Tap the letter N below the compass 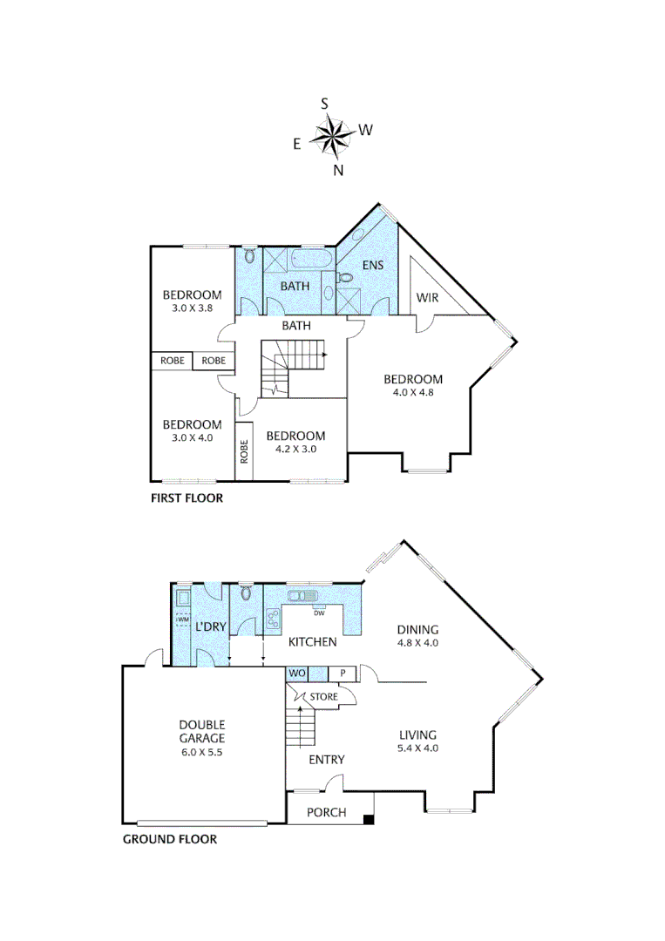click(338, 171)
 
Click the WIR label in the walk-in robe click(427, 298)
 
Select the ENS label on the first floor click(374, 263)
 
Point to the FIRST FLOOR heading click(187, 499)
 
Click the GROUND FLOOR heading click(169, 840)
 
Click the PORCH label click(327, 813)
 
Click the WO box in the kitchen click(295, 674)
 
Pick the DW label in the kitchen click(320, 613)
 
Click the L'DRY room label click(210, 627)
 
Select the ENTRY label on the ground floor click(327, 760)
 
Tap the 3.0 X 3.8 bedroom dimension click(193, 308)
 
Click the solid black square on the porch click(369, 819)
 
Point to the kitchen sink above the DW click(306, 595)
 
